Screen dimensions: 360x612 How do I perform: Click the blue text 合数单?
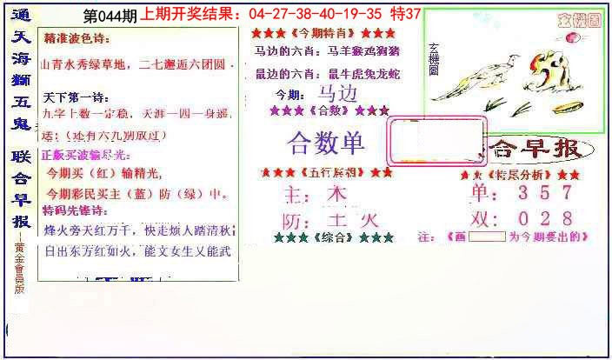(x=326, y=143)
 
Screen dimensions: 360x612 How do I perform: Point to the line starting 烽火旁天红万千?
(x=138, y=231)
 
